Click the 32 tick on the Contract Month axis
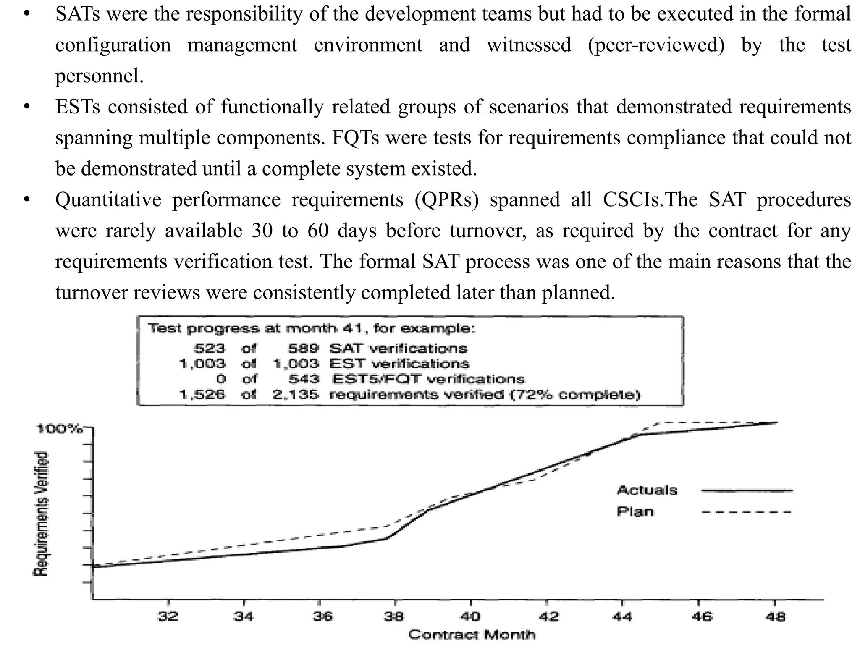pyautogui.click(x=168, y=616)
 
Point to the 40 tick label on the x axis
pyautogui.click(x=470, y=616)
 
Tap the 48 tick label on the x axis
pyautogui.click(x=775, y=616)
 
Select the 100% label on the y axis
pyautogui.click(x=59, y=429)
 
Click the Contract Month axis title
pyautogui.click(x=472, y=635)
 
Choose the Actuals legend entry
pyautogui.click(x=647, y=490)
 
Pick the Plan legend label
pyautogui.click(x=635, y=511)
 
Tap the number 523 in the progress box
pyautogui.click(x=210, y=349)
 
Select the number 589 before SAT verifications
pyautogui.click(x=304, y=349)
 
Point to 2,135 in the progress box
pyautogui.click(x=296, y=395)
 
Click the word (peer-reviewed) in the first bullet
pyautogui.click(x=656, y=45)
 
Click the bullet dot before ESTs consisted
pyautogui.click(x=27, y=107)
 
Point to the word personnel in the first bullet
pyautogui.click(x=99, y=76)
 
